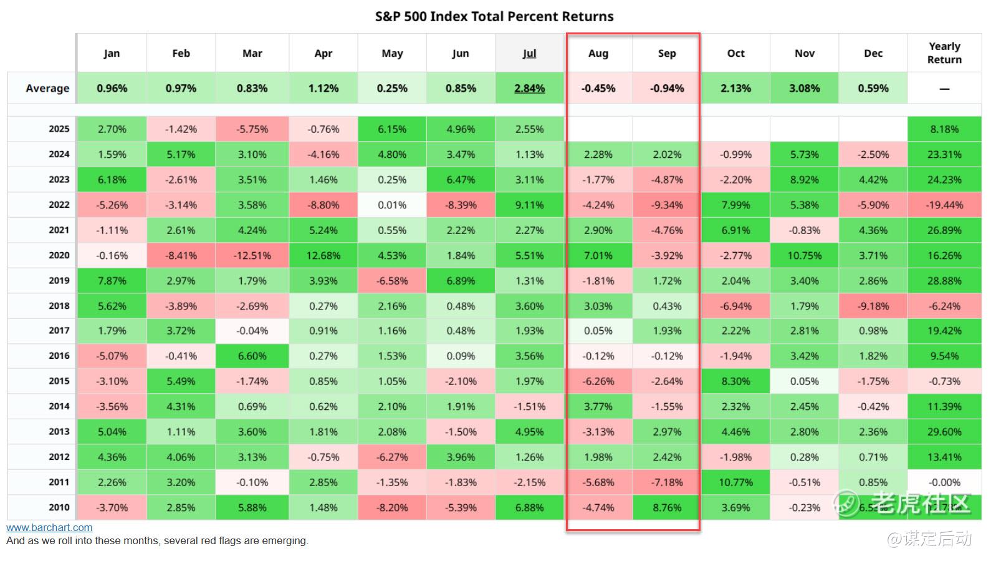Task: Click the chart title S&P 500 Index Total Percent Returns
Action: [494, 17]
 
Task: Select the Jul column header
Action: [529, 54]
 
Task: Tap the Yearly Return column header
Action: [944, 53]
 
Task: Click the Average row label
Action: [47, 89]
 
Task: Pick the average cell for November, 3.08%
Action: [804, 89]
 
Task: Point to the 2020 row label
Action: [59, 255]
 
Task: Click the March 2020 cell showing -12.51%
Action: [252, 255]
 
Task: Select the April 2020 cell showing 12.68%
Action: [323, 255]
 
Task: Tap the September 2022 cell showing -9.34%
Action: [666, 205]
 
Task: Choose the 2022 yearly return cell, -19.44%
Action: [944, 205]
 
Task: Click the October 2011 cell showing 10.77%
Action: [735, 482]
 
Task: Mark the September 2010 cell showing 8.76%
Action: [666, 507]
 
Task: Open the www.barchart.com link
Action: [49, 528]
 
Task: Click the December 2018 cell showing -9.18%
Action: [873, 306]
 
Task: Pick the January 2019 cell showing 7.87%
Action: [112, 281]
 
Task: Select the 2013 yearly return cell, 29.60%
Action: [944, 432]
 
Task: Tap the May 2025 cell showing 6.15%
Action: [392, 129]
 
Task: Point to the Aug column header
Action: [598, 54]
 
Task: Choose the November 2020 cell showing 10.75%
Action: [804, 255]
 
